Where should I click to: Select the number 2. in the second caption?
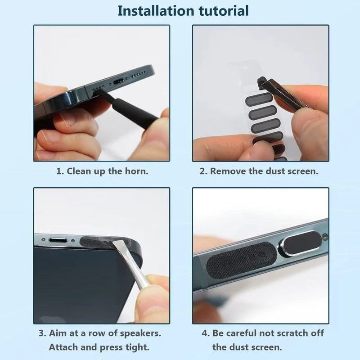(203, 171)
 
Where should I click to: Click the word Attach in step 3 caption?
(64, 347)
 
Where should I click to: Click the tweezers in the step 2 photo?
(283, 92)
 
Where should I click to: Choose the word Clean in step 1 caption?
(79, 171)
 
